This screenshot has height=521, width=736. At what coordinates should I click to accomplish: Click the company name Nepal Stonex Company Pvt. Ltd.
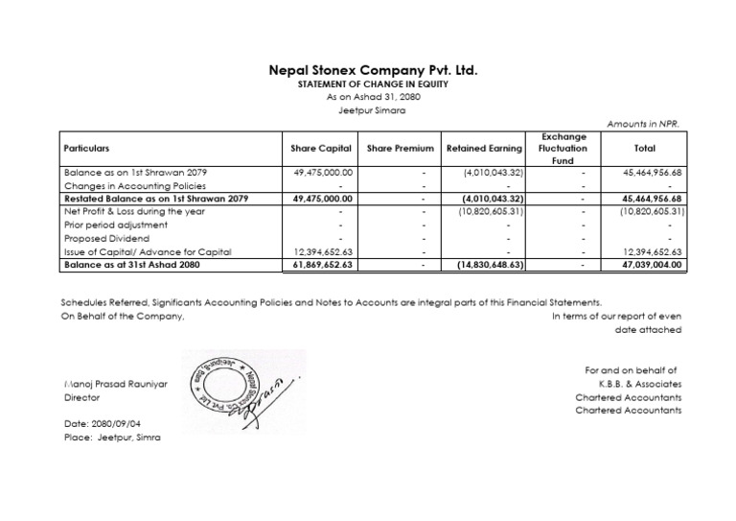(372, 71)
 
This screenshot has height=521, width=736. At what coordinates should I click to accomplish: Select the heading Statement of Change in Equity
(372, 85)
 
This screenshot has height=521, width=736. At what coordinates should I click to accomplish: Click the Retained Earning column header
(485, 149)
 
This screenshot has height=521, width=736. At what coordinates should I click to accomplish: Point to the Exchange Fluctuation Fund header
(563, 149)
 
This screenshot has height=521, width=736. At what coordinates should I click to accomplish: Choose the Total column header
(645, 149)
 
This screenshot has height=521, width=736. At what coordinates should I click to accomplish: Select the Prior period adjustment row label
(115, 225)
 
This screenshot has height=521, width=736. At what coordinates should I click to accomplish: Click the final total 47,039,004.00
(652, 264)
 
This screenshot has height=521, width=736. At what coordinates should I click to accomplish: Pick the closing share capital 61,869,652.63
(323, 264)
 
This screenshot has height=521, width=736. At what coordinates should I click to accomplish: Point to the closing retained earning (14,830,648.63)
(489, 264)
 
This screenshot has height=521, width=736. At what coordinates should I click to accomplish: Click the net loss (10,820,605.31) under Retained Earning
(490, 211)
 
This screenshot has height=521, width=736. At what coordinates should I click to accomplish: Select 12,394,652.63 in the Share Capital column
(324, 251)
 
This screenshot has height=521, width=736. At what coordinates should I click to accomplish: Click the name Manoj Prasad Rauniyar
(115, 383)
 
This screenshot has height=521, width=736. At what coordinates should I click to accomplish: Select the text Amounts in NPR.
(644, 125)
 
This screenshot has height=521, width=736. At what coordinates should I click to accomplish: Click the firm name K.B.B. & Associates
(635, 383)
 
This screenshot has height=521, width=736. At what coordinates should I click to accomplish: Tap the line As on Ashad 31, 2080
(372, 97)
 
